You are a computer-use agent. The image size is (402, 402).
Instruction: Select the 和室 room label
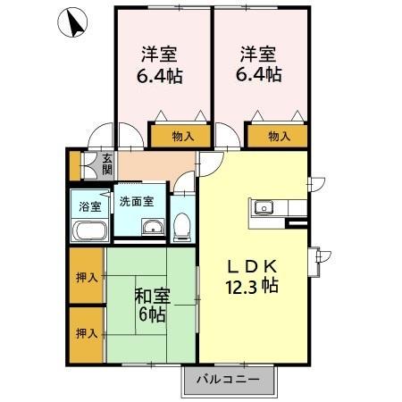pyautogui.click(x=151, y=294)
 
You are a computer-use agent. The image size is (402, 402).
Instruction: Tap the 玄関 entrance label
pyautogui.click(x=106, y=163)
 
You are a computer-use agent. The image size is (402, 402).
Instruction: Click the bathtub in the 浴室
pyautogui.click(x=89, y=230)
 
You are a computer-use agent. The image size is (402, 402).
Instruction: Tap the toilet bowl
pyautogui.click(x=182, y=227)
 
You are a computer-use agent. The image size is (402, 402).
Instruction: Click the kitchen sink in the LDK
pyautogui.click(x=264, y=209)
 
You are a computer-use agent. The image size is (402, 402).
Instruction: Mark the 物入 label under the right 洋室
pyautogui.click(x=279, y=137)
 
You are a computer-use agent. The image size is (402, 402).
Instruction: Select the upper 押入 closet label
pyautogui.click(x=87, y=278)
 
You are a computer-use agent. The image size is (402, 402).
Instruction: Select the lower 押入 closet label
pyautogui.click(x=87, y=333)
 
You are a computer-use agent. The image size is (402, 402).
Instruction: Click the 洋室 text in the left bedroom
pyautogui.click(x=161, y=54)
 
